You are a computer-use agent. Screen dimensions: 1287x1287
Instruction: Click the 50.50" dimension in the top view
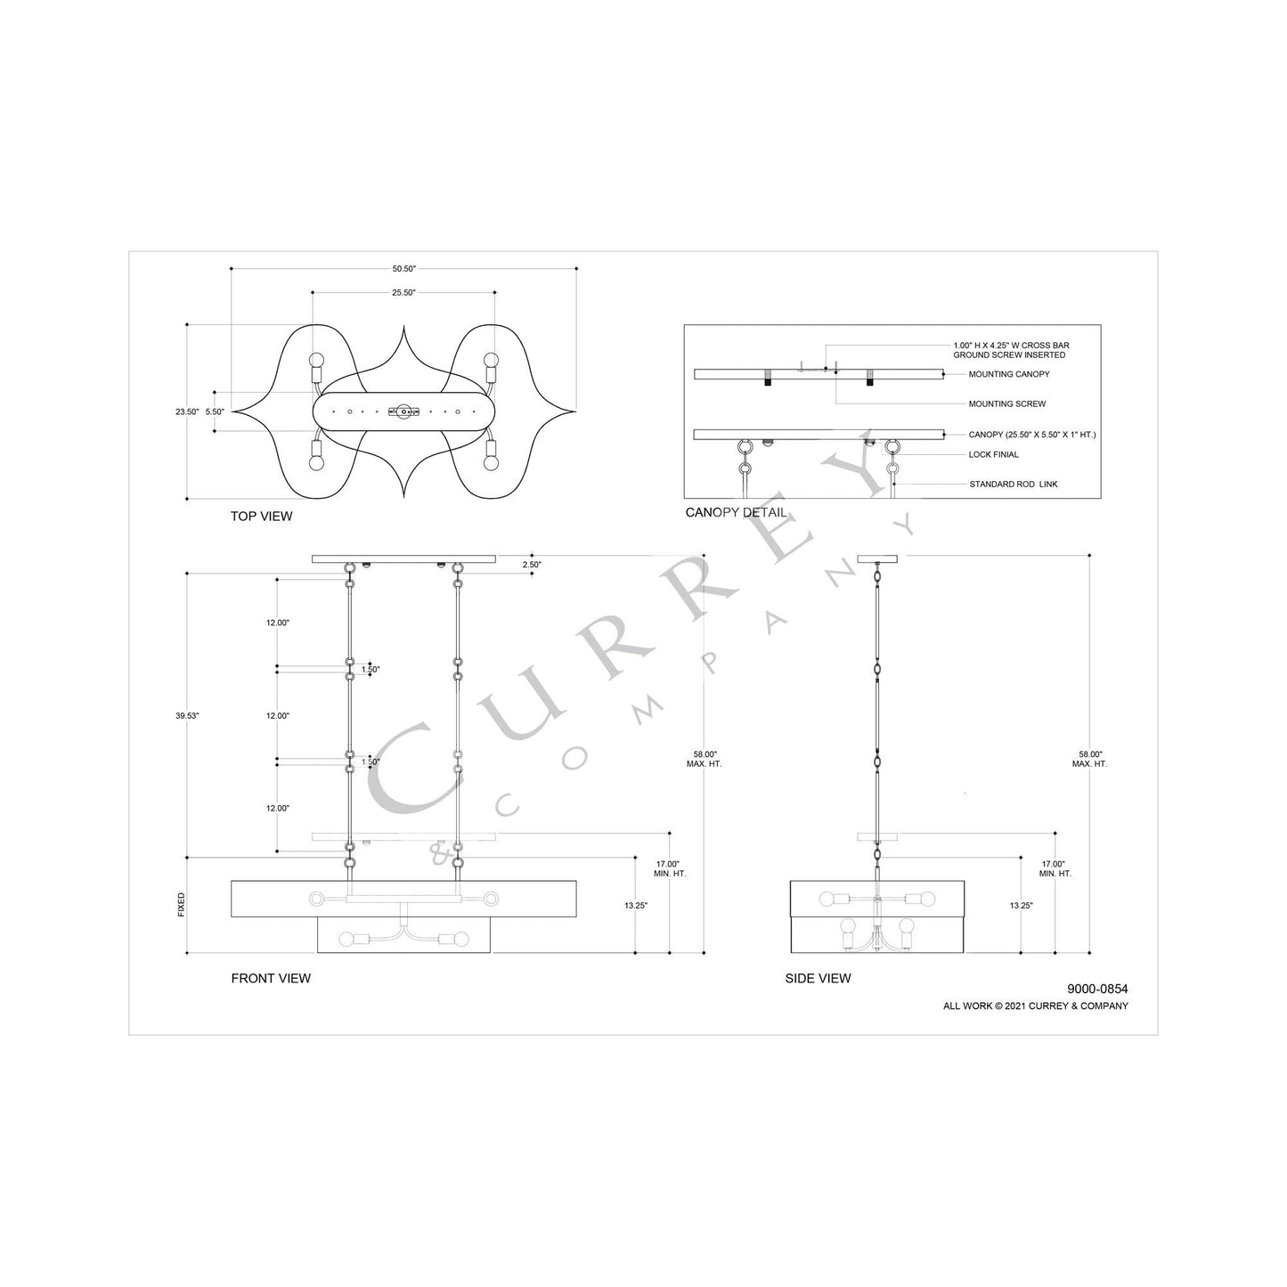(403, 268)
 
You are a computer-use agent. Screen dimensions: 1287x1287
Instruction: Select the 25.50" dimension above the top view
(403, 292)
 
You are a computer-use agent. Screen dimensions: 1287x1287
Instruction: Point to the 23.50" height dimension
(187, 412)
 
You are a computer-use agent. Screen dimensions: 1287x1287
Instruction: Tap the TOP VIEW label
(261, 517)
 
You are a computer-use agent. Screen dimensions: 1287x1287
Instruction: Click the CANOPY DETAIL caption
(736, 513)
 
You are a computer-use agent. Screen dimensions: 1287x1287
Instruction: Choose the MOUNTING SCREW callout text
(1006, 404)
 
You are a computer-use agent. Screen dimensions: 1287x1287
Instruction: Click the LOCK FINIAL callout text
(993, 455)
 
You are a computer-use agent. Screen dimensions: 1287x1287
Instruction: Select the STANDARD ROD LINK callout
(1014, 485)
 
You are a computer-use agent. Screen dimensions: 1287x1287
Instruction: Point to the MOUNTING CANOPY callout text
(1008, 375)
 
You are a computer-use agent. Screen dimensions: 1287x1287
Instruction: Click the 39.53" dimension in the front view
(187, 716)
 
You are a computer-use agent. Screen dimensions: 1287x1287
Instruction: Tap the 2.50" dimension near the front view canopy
(531, 565)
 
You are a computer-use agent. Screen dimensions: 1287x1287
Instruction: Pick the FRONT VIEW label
(271, 978)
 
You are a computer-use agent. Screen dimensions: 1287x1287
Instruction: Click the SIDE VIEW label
(818, 978)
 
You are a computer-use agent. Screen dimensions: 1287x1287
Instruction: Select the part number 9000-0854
(1097, 989)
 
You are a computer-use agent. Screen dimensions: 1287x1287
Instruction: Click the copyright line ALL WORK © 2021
(1035, 1006)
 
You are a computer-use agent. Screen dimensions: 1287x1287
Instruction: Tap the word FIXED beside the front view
(182, 904)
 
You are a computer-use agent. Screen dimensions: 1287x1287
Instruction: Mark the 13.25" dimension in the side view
(1021, 905)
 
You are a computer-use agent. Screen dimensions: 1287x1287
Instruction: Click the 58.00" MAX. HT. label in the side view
(1089, 759)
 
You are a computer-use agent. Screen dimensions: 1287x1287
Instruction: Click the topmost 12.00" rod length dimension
(277, 623)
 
